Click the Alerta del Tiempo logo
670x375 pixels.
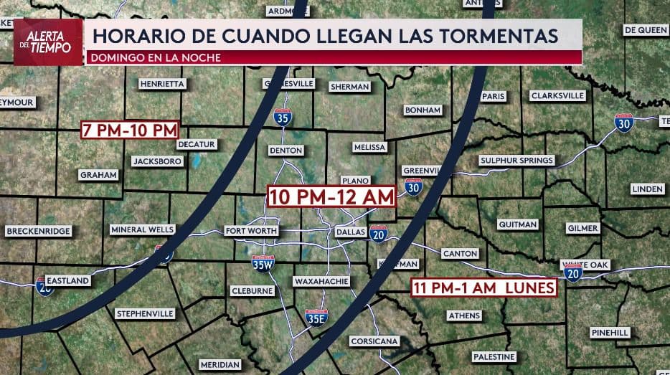48,42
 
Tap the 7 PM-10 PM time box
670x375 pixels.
129,130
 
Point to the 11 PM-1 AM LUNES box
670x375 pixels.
484,288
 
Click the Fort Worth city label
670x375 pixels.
251,231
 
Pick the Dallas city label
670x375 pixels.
351,232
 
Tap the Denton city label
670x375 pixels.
286,151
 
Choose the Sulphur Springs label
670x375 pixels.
516,161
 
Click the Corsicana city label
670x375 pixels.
374,341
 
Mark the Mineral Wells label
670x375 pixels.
143,229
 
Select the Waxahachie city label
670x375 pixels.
321,282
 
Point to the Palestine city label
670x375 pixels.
494,356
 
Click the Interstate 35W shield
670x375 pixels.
263,264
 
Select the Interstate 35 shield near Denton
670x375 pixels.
283,117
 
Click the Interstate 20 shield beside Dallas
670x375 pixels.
379,233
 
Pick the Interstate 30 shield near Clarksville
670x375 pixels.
624,123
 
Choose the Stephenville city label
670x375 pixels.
145,313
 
